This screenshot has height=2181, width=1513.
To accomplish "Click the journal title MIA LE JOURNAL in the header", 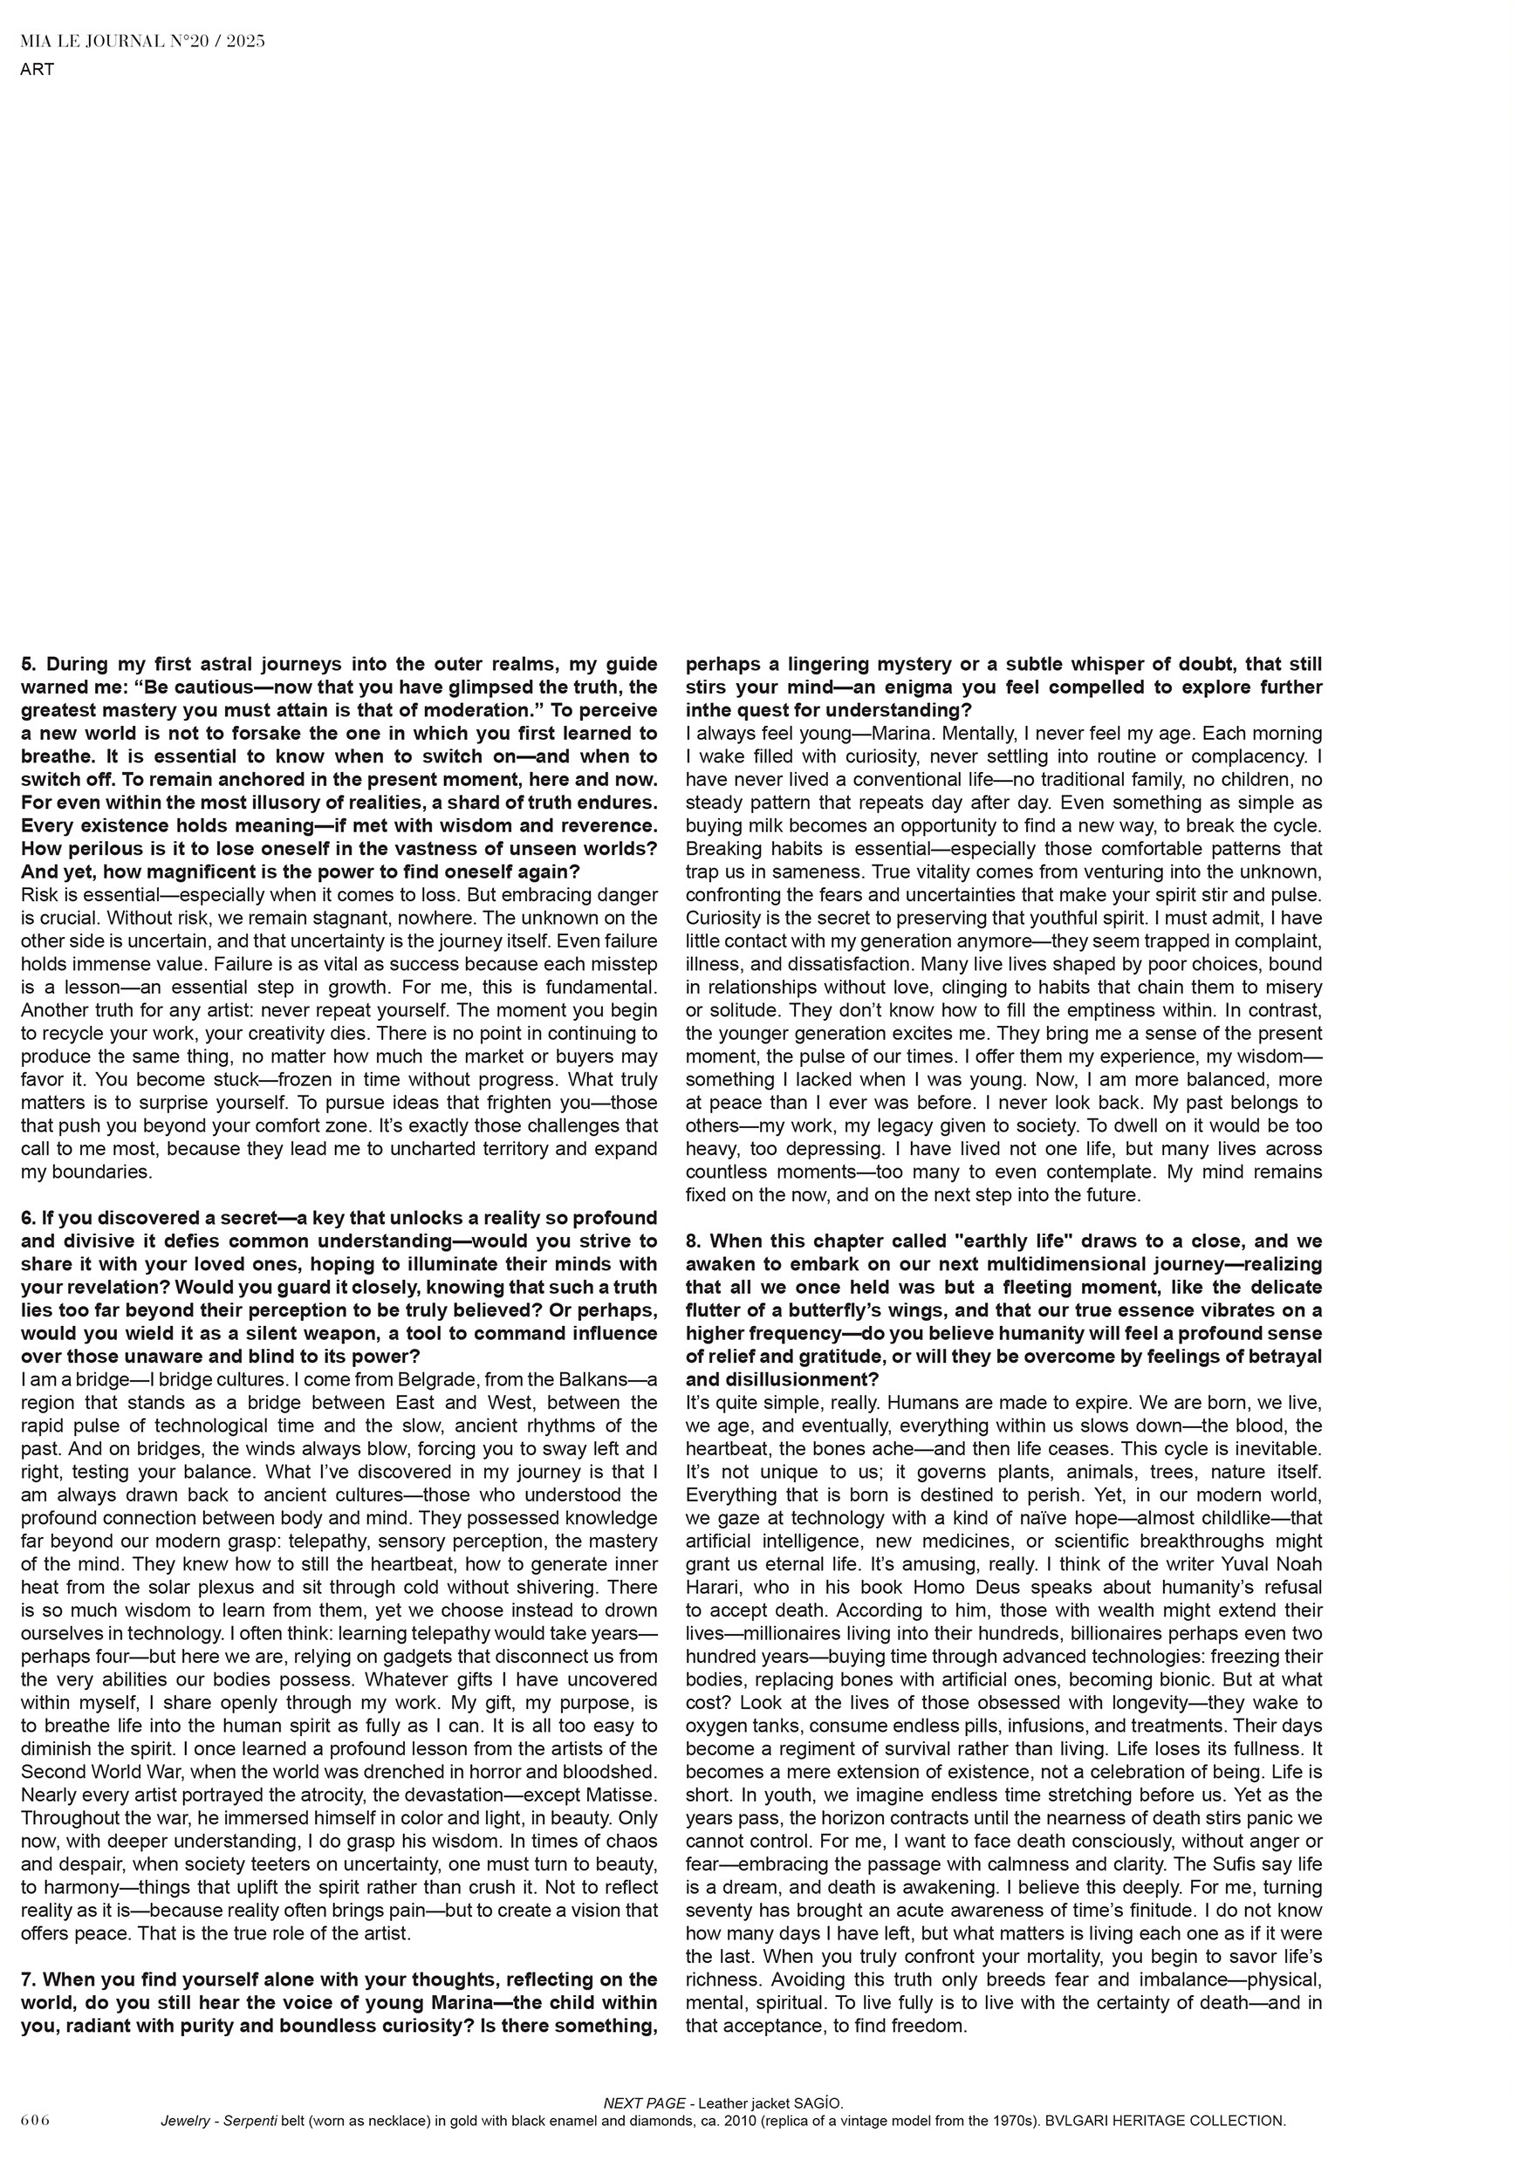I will (100, 41).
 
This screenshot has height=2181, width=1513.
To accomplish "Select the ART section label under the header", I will (37, 69).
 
